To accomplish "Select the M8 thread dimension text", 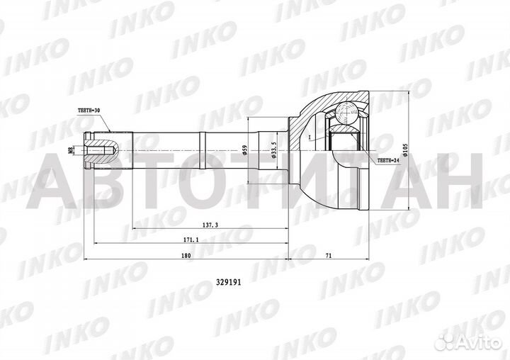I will click(70, 150).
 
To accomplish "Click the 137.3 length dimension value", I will click(210, 225).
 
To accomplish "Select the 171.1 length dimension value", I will click(191, 241).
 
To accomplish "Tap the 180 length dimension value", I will click(186, 257).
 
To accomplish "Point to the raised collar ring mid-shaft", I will click(202, 150).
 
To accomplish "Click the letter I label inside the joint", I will click(309, 135).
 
